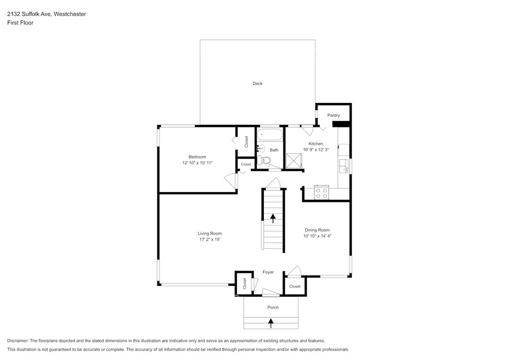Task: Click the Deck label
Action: click(257, 84)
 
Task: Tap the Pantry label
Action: click(334, 115)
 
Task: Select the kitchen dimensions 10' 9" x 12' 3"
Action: click(316, 150)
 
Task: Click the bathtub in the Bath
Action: click(270, 135)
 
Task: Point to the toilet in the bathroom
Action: click(264, 160)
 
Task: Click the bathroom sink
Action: click(260, 149)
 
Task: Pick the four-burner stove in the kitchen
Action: click(322, 192)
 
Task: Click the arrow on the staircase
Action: click(273, 218)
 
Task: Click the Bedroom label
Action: click(197, 157)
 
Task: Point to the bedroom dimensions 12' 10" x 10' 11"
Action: click(197, 163)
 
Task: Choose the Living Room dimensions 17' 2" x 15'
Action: click(210, 239)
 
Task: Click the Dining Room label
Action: click(317, 230)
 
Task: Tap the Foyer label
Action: click(268, 272)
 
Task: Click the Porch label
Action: click(273, 307)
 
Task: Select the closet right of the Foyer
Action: click(295, 286)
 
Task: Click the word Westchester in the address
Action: click(70, 14)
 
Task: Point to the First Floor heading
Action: click(20, 23)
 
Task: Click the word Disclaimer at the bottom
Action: click(18, 341)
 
